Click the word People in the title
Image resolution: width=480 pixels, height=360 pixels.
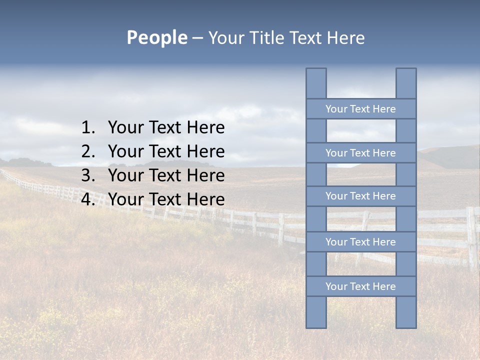point(156,37)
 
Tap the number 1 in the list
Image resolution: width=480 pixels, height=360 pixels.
point(87,128)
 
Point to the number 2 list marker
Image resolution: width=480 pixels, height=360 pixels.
point(87,152)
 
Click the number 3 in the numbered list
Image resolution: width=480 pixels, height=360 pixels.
point(87,176)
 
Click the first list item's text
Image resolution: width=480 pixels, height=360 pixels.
point(166,128)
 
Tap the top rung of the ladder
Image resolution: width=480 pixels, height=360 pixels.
point(360,109)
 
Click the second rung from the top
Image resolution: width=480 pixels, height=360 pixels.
point(360,153)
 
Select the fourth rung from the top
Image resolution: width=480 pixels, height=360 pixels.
point(360,242)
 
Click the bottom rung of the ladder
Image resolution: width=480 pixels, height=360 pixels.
point(360,286)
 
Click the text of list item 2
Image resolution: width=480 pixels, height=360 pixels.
point(166,152)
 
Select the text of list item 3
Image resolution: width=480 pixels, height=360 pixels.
point(166,176)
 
